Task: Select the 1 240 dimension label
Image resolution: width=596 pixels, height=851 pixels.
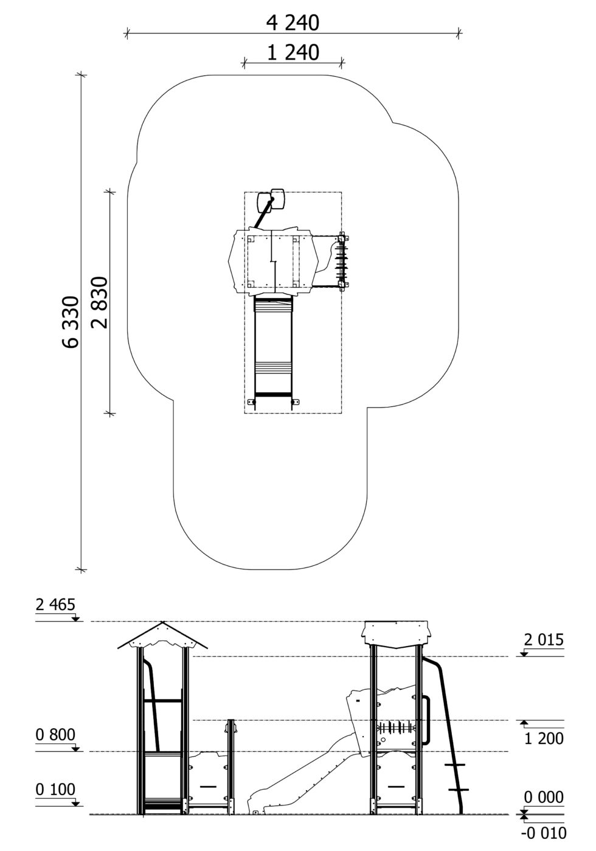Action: point(293,53)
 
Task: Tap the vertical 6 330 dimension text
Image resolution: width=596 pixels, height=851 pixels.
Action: point(71,322)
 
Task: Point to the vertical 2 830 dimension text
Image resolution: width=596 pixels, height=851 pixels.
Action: point(100,302)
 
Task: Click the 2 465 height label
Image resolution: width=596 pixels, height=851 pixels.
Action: point(55,604)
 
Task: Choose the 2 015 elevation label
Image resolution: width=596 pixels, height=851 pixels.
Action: point(544,640)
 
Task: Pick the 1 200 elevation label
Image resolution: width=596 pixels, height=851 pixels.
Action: point(544,738)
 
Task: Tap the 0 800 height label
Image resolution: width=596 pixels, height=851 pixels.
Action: point(55,735)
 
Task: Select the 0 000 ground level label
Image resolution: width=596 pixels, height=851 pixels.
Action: point(544,797)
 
